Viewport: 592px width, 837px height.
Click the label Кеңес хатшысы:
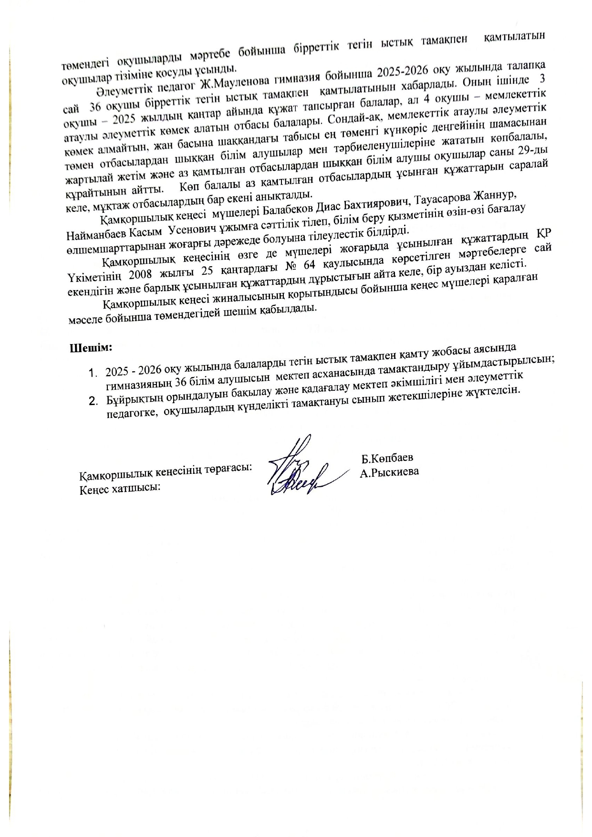coord(119,489)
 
